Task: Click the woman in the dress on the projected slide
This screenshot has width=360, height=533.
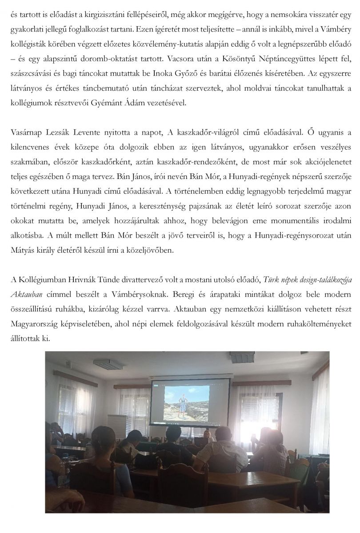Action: pos(183,404)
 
